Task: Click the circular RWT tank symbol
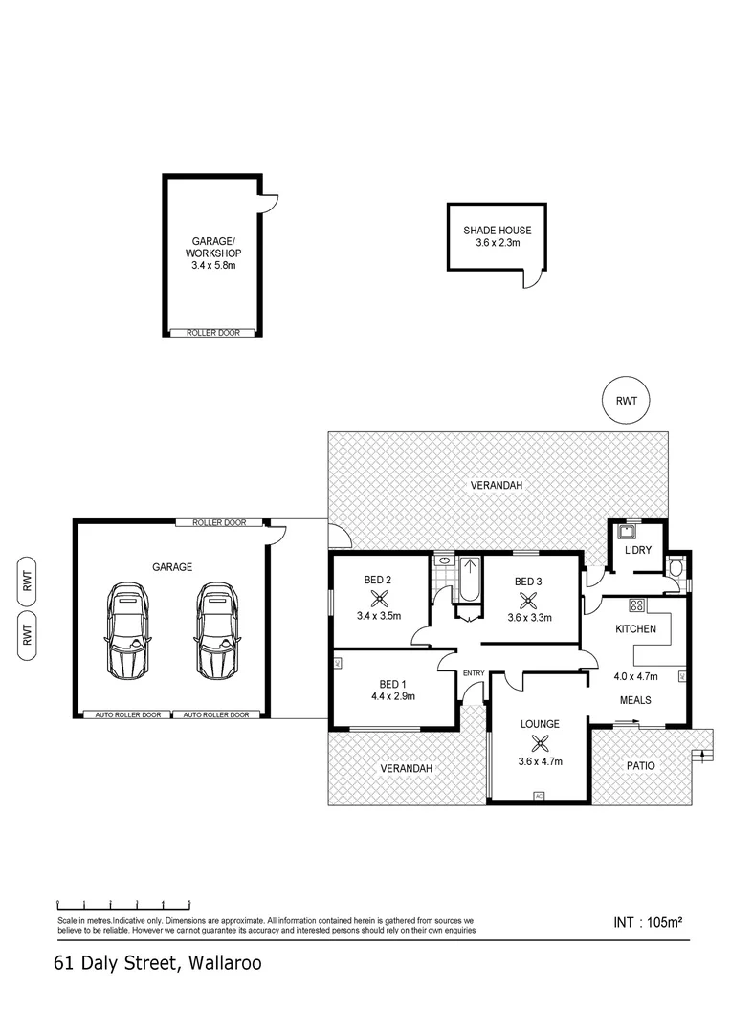tap(626, 400)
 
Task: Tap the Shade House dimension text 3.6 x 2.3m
tap(498, 243)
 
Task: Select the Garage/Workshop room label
tap(213, 247)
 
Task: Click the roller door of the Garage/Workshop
tap(213, 333)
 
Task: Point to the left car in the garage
tap(127, 630)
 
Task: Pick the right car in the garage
tap(217, 630)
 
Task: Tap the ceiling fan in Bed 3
tap(527, 600)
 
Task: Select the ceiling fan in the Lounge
tap(540, 743)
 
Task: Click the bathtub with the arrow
tap(469, 579)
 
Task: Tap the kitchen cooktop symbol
tap(636, 604)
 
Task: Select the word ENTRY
tap(474, 673)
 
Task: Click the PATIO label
tap(640, 765)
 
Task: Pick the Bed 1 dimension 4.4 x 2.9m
tap(393, 695)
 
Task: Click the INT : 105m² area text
tap(648, 922)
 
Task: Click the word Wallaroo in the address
tap(225, 963)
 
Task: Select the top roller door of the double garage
tap(219, 522)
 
